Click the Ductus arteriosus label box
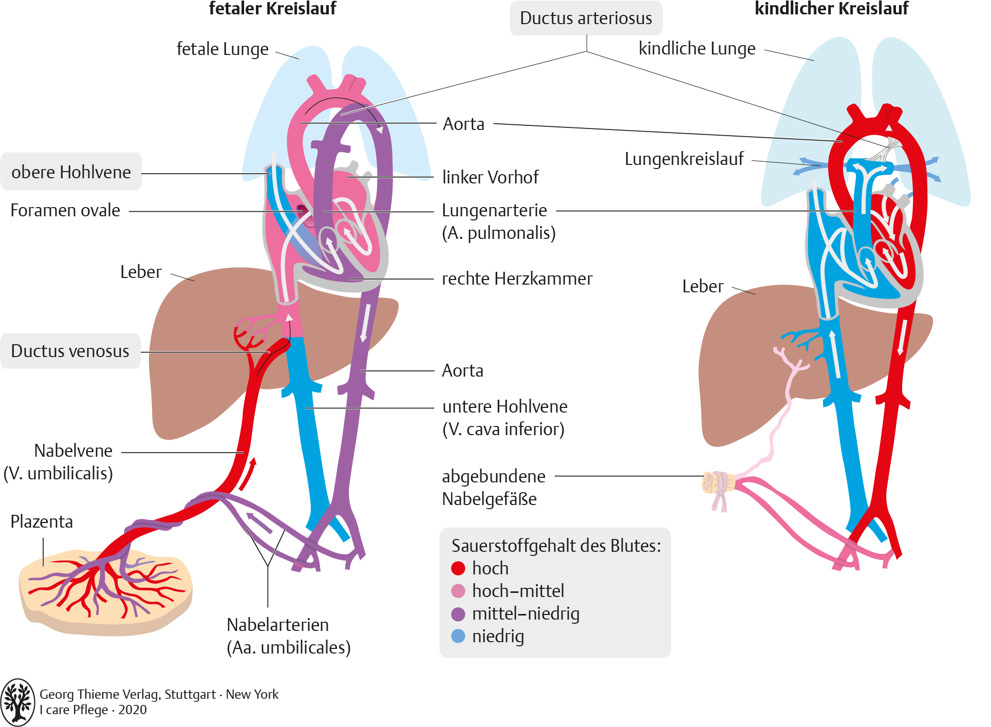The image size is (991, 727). pos(586,18)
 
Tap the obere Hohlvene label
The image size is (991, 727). pos(71,172)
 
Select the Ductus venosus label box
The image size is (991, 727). pos(70,351)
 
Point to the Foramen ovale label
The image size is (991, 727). pos(65,210)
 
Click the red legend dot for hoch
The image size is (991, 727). pos(458,568)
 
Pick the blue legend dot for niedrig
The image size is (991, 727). pos(458,636)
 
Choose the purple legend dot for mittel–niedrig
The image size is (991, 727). pos(458,614)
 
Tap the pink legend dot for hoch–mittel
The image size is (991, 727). pos(458,591)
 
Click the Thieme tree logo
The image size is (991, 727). pos(18,702)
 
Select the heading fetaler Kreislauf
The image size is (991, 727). pos(272,8)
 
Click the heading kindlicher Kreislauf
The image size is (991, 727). pos(831,8)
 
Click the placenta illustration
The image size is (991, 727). pos(105,591)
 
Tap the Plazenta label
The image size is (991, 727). pos(42,521)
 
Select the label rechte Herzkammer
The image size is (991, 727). pos(517,278)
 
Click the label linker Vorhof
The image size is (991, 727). pos(490,177)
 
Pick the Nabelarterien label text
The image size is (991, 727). pos(289,636)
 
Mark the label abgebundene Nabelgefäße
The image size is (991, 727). pos(493,488)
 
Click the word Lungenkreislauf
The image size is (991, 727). pos(684,159)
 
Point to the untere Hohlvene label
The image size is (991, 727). pos(504,418)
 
